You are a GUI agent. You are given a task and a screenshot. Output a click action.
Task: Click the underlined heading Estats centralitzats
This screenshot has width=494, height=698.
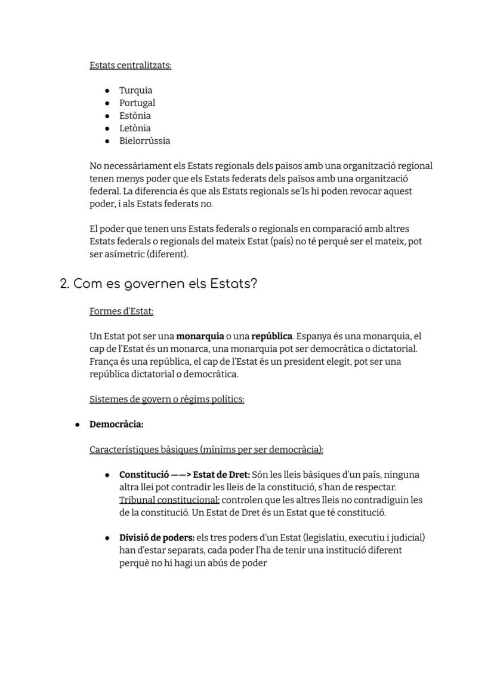[x=130, y=65]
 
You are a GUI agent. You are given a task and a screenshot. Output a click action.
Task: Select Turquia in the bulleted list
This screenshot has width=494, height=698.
[x=135, y=91]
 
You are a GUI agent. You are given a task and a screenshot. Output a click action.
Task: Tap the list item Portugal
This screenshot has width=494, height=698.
[x=137, y=103]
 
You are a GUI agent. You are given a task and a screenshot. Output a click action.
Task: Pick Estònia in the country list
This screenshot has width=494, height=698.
[x=135, y=116]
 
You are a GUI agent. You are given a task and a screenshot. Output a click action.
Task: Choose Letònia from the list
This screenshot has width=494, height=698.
[x=135, y=128]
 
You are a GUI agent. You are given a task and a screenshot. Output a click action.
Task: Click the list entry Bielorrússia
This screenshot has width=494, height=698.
[x=144, y=141]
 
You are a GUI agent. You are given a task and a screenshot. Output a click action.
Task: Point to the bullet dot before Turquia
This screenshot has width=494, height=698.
[x=107, y=91]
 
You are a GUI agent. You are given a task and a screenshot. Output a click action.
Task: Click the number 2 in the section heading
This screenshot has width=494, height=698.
[x=64, y=284]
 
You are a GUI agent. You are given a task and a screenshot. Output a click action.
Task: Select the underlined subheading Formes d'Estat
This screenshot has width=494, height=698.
[x=121, y=311]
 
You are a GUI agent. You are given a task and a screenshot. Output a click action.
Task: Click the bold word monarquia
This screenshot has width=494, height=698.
[x=200, y=337]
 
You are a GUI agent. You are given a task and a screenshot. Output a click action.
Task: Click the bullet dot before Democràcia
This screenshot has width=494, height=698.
[x=77, y=425]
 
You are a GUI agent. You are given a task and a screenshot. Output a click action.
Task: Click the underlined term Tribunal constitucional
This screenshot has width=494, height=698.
[x=169, y=500]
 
